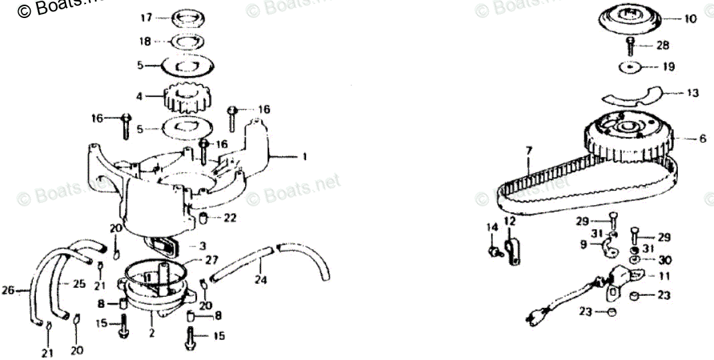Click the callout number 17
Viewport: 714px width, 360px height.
tap(146, 17)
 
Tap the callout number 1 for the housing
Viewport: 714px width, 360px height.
tap(304, 157)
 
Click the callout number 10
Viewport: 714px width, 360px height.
tap(690, 19)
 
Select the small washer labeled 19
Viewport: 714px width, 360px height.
tap(629, 67)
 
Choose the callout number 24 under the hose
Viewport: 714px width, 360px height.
tap(260, 281)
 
